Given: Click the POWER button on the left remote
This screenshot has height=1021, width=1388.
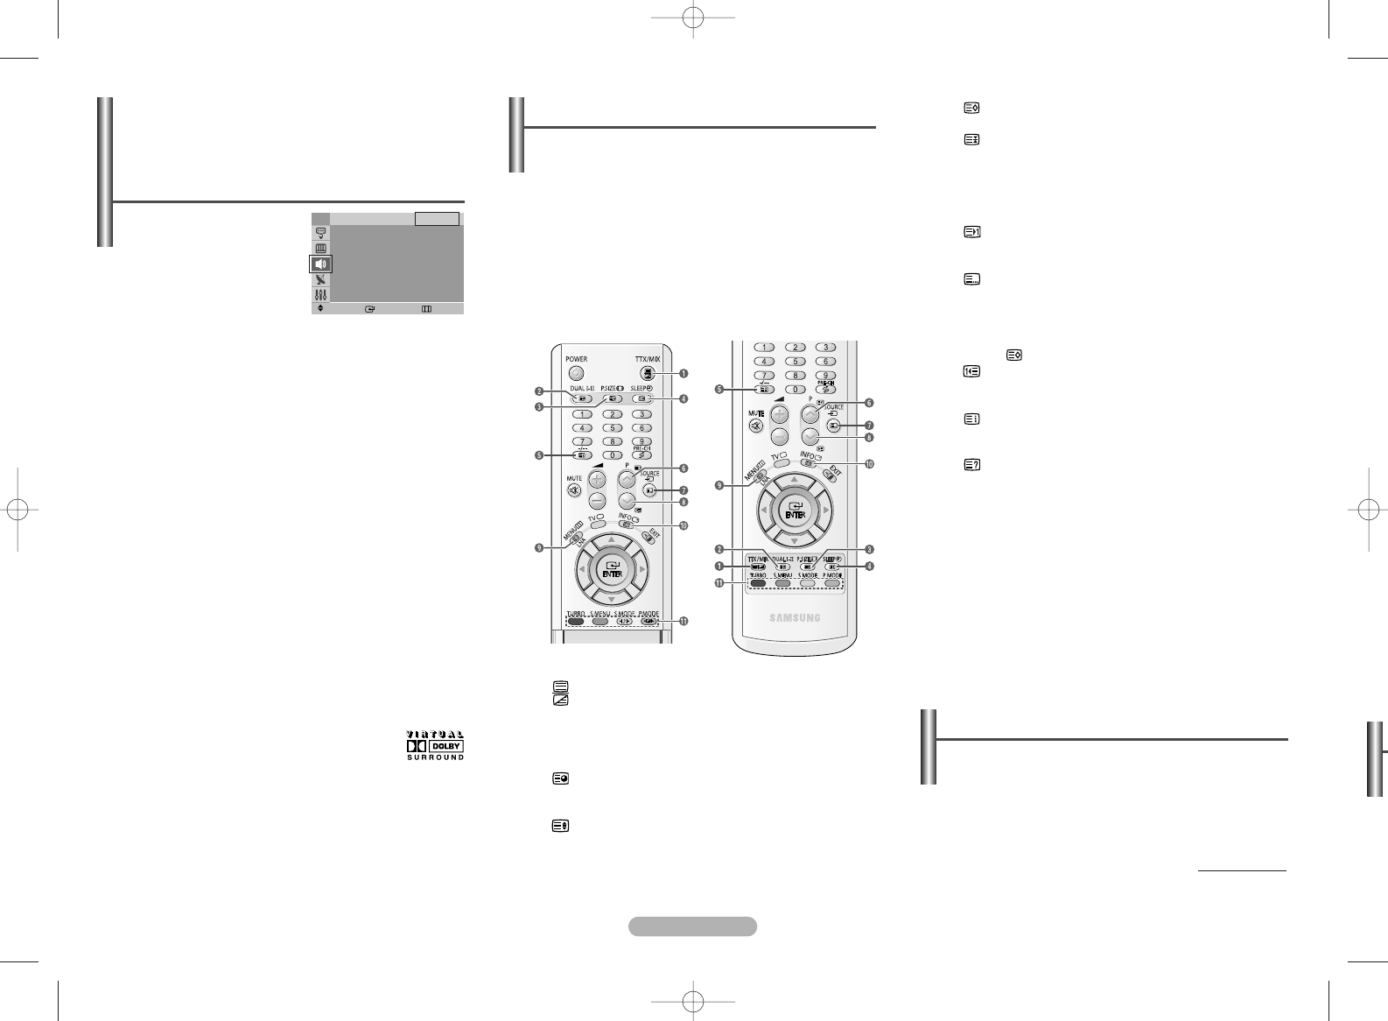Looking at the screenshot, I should tap(576, 373).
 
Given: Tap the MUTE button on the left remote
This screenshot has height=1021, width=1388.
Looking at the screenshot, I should tap(574, 491).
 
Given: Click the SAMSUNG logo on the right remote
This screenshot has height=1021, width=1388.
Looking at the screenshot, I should tap(795, 617).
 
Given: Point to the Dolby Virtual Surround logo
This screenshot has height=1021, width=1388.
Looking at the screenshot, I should tap(435, 745).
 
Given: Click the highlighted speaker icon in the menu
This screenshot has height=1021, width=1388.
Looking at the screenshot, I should tap(321, 264).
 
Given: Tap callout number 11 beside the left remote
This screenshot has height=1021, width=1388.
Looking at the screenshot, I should tap(683, 621).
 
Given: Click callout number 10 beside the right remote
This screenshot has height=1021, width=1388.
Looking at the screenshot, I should tap(869, 464).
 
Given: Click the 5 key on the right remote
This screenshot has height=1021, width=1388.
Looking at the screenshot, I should tap(795, 361).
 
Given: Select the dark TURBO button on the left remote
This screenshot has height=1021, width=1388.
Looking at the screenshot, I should tap(575, 623).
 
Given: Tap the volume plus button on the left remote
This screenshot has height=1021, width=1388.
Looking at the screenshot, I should tap(598, 480).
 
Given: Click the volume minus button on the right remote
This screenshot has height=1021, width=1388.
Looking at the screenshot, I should tap(780, 436).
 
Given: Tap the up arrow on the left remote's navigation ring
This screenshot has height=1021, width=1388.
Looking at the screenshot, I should tap(611, 539).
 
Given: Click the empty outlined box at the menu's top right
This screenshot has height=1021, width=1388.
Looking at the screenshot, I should tap(437, 219).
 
